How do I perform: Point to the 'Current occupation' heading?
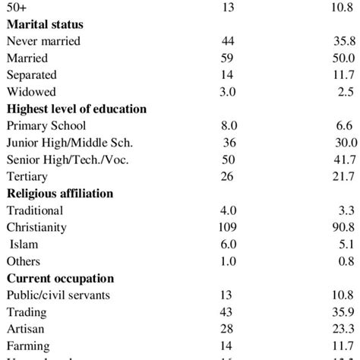tap(60, 277)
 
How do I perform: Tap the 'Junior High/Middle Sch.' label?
tap(69, 143)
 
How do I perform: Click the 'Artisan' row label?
tap(26, 328)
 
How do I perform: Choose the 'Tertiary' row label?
tap(29, 176)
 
